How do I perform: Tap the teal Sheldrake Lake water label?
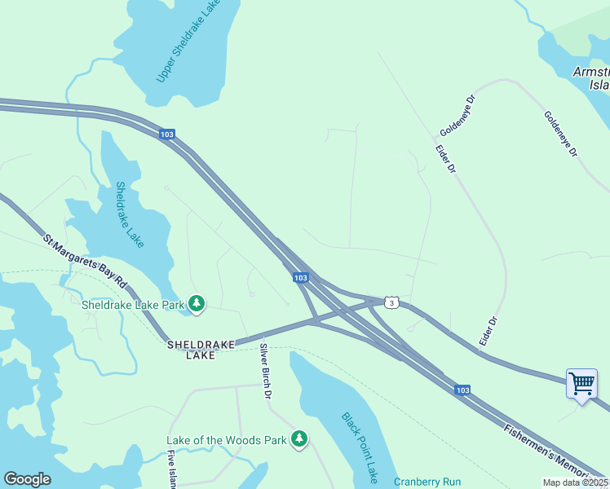tap(129, 214)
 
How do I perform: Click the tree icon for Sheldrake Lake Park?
tap(196, 304)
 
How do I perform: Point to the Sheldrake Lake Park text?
tap(133, 305)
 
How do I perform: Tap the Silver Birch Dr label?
tap(265, 371)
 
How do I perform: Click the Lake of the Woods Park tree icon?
tap(299, 440)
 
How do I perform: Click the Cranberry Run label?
tap(427, 482)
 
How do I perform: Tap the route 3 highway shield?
tap(392, 302)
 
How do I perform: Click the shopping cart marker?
tap(581, 383)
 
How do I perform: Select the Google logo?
tap(27, 479)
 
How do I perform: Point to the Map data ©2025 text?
tap(575, 482)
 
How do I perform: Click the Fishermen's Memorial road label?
tap(555, 453)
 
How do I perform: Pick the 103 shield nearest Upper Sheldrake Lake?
tap(166, 134)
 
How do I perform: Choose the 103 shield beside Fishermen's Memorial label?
tap(462, 390)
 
